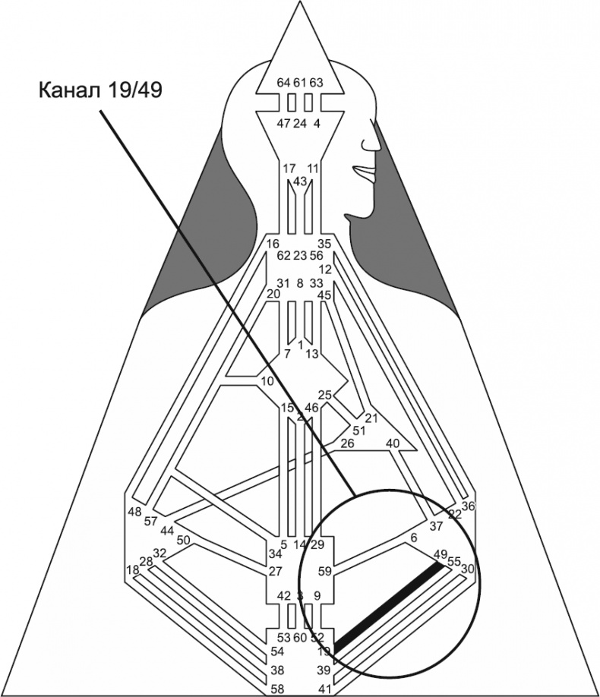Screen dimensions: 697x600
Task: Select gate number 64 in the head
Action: pyautogui.click(x=283, y=82)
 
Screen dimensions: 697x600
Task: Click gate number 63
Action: pyautogui.click(x=317, y=82)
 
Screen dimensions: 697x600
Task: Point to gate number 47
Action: pyautogui.click(x=283, y=123)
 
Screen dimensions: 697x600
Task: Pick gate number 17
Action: pyautogui.click(x=289, y=168)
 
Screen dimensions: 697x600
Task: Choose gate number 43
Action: pyautogui.click(x=300, y=181)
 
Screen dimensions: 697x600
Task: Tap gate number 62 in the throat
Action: pyautogui.click(x=284, y=256)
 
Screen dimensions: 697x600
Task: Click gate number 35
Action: pyautogui.click(x=324, y=244)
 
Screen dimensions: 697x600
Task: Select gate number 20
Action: pyautogui.click(x=273, y=294)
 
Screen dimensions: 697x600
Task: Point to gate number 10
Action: pyautogui.click(x=267, y=380)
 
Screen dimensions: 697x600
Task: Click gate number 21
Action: pyautogui.click(x=371, y=418)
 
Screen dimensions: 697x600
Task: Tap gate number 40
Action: pyautogui.click(x=393, y=443)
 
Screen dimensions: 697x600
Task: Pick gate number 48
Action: pyautogui.click(x=134, y=511)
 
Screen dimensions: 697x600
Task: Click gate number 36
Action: pyautogui.click(x=468, y=506)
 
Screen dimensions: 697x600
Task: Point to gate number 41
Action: pyautogui.click(x=324, y=689)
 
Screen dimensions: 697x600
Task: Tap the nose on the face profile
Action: pyautogui.click(x=372, y=142)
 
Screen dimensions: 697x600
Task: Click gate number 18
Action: pyautogui.click(x=133, y=569)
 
